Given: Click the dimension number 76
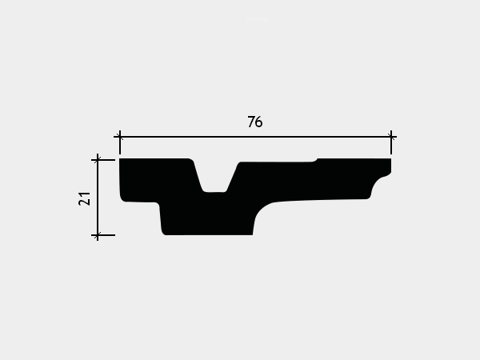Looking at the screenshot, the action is coord(255,122).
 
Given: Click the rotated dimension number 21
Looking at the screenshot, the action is coord(85,198).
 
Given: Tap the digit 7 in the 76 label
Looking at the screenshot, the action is coord(251,122).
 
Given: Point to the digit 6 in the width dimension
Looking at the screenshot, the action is coord(259,122).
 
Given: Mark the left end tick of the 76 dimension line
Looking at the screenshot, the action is coord(120,137).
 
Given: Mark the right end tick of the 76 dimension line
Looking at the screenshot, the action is coord(391,137).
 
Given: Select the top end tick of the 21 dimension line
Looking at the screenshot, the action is coord(98,160).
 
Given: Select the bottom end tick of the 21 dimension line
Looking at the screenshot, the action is coord(98,235).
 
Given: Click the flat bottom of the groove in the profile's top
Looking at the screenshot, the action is coord(214,192).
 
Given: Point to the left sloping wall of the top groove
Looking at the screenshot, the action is coord(198,175).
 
